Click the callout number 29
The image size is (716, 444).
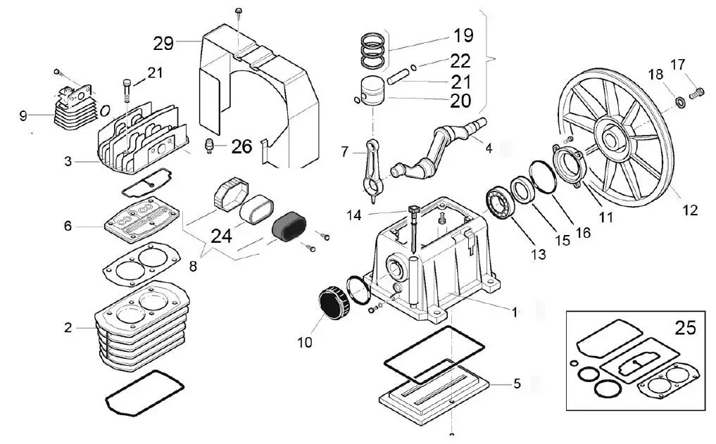click(163, 44)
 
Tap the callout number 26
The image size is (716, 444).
click(241, 147)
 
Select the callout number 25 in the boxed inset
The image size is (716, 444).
click(685, 327)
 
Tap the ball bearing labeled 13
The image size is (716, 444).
click(501, 202)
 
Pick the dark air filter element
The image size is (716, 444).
click(289, 227)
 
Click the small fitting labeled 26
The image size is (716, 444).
click(208, 146)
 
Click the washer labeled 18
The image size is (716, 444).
click(682, 103)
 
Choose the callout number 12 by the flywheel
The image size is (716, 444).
click(689, 210)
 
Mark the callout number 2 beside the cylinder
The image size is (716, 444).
click(68, 328)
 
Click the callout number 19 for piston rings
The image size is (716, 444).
click(463, 34)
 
